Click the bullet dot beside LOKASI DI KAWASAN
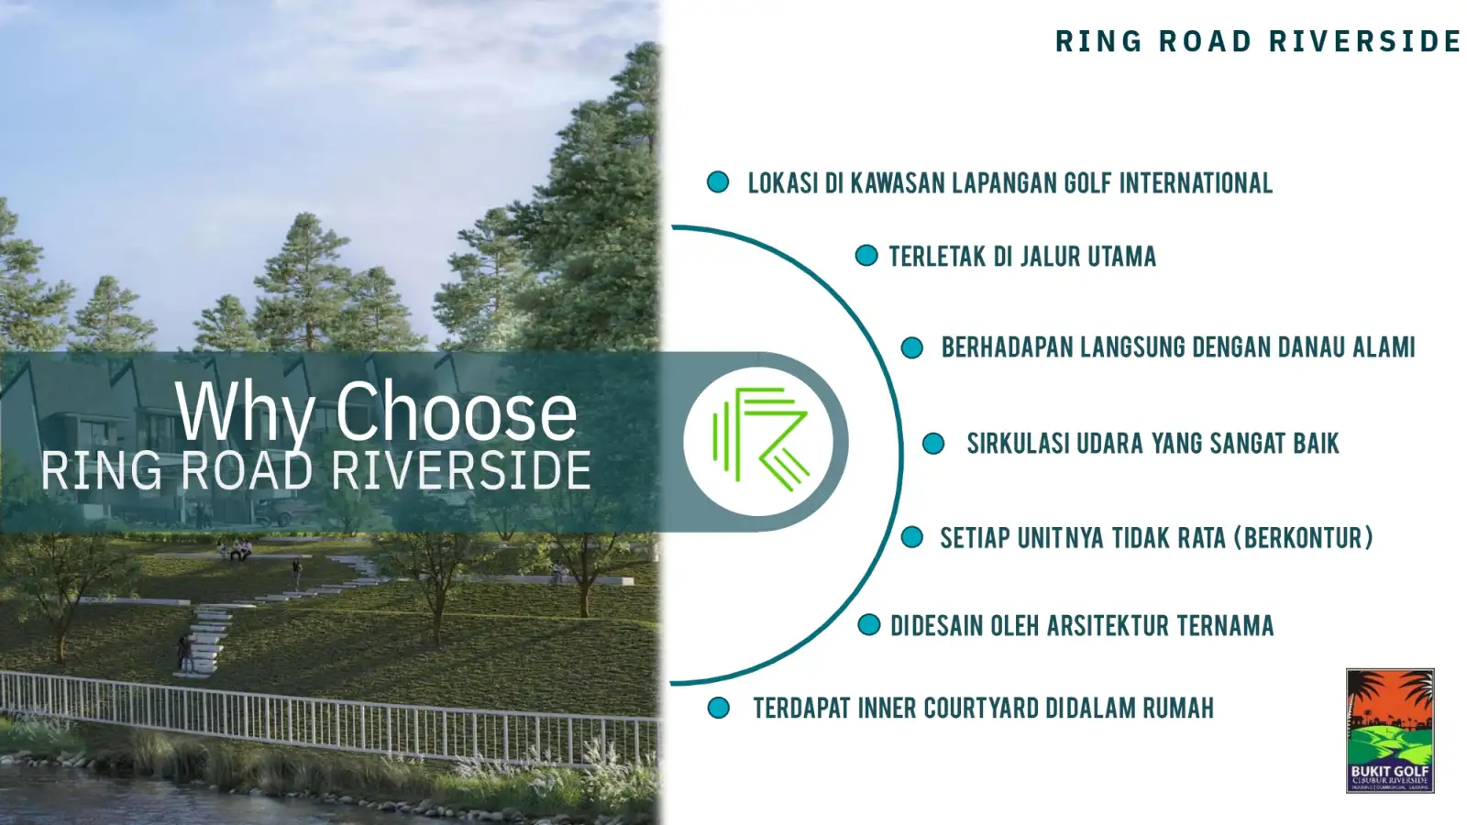tap(718, 182)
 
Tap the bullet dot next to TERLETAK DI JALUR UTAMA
tap(866, 256)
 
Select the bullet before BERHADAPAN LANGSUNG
tap(911, 347)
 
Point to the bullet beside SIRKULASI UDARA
tap(932, 444)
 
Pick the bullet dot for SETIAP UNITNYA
tap(911, 537)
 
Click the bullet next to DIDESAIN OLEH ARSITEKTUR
tap(868, 625)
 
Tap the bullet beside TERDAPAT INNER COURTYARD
tap(719, 708)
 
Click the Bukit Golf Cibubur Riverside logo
tap(1389, 730)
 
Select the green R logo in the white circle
tap(758, 441)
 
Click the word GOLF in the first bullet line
tap(1087, 183)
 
